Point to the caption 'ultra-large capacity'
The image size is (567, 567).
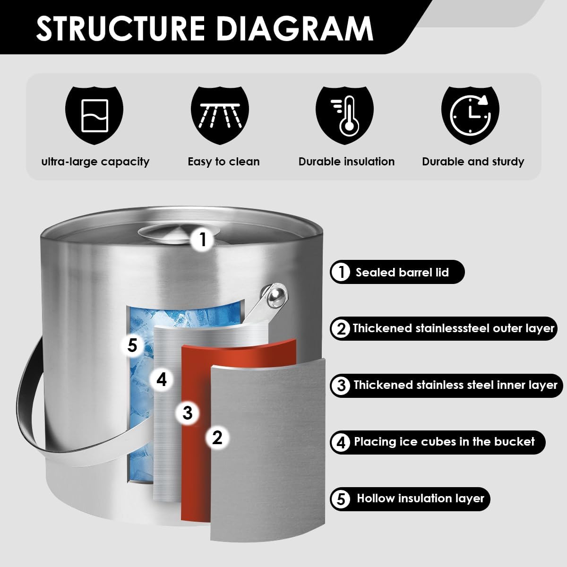click(95, 162)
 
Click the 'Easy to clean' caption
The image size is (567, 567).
click(223, 162)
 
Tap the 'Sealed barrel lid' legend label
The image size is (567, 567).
click(402, 272)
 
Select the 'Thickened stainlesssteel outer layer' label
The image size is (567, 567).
click(453, 328)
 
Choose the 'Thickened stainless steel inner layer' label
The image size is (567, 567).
click(455, 385)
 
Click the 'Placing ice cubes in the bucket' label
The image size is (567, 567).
click(444, 442)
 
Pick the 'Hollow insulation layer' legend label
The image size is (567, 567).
click(420, 498)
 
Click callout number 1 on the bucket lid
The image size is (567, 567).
click(203, 240)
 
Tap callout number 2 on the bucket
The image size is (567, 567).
click(217, 438)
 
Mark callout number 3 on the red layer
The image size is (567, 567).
click(188, 413)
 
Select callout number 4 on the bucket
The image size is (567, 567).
click(162, 379)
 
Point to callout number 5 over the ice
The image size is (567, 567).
click(132, 345)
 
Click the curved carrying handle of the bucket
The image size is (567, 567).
click(28, 402)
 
